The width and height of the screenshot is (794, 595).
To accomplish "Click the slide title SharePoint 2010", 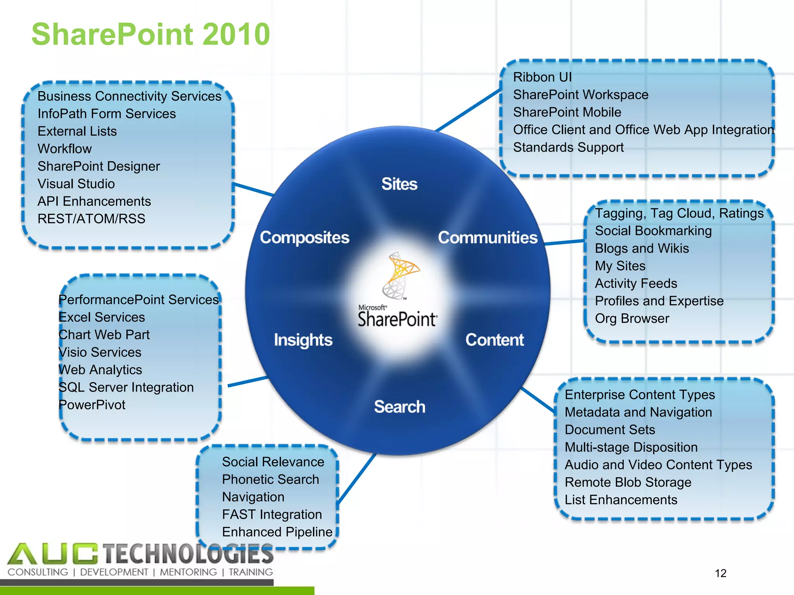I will pyautogui.click(x=150, y=34).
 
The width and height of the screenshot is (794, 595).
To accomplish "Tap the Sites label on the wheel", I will pyautogui.click(x=399, y=184).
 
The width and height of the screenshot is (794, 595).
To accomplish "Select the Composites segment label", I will pyautogui.click(x=304, y=237).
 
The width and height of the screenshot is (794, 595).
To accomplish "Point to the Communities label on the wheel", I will pyautogui.click(x=488, y=237).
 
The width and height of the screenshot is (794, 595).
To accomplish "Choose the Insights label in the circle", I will pyautogui.click(x=303, y=340).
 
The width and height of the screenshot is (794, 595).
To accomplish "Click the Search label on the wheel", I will pyautogui.click(x=399, y=407).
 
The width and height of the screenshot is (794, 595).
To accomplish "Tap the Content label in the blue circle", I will pyautogui.click(x=494, y=340).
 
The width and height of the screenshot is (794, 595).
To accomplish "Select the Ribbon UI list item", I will pyautogui.click(x=542, y=77).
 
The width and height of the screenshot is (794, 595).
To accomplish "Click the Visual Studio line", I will pyautogui.click(x=76, y=184).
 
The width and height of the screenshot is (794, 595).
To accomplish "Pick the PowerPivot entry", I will pyautogui.click(x=92, y=405).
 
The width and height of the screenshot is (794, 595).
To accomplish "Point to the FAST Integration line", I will pyautogui.click(x=272, y=514).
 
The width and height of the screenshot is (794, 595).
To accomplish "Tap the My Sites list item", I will pyautogui.click(x=620, y=266).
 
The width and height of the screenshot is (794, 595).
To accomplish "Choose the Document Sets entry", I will pyautogui.click(x=609, y=430).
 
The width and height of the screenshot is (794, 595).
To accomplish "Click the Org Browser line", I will pyautogui.click(x=632, y=318).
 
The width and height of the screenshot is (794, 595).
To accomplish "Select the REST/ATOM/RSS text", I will pyautogui.click(x=91, y=219).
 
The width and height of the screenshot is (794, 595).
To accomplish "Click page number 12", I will pyautogui.click(x=720, y=573).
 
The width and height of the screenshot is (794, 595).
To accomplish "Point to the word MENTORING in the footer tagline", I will pyautogui.click(x=188, y=572).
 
